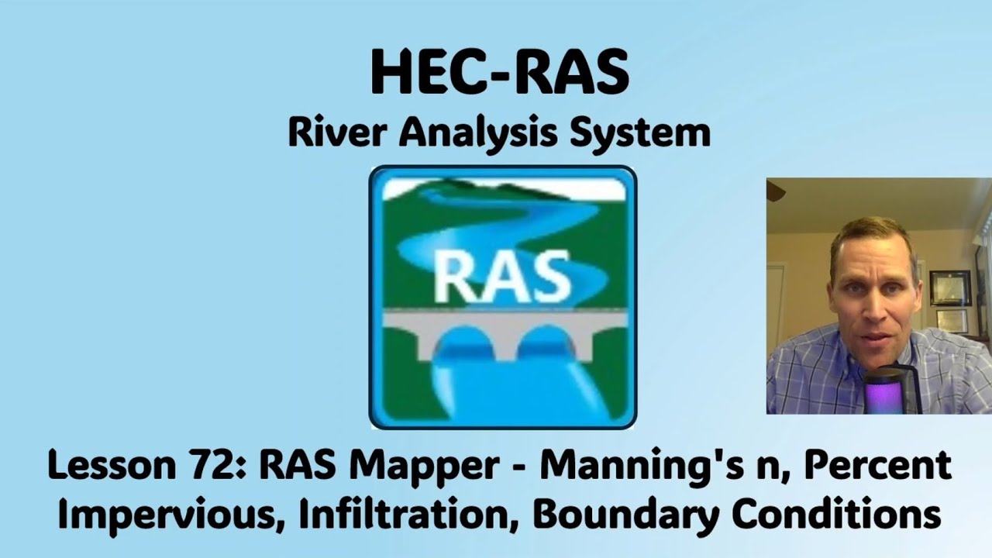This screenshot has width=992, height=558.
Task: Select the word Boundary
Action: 608,514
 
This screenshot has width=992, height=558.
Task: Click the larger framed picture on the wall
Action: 950,287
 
